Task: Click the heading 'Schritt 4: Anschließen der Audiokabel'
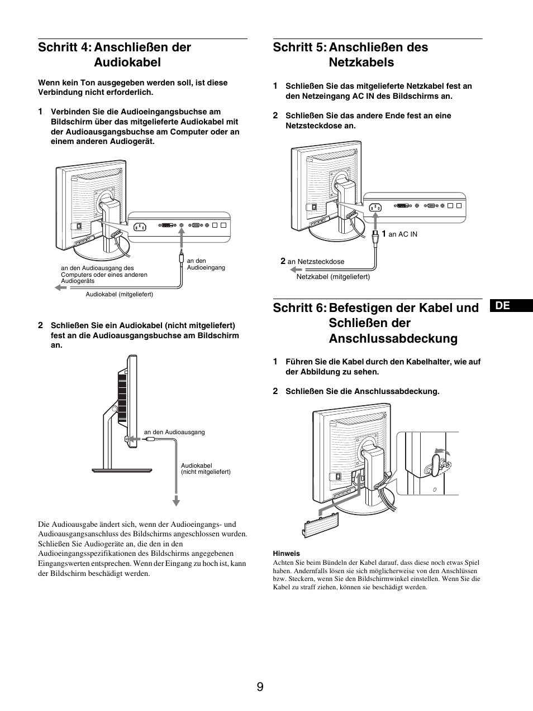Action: click(x=115, y=55)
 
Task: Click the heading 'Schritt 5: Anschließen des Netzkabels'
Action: click(x=350, y=55)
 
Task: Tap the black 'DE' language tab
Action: click(x=513, y=305)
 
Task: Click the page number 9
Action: click(x=260, y=686)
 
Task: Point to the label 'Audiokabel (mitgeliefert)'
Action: click(x=119, y=294)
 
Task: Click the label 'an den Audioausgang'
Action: click(x=174, y=432)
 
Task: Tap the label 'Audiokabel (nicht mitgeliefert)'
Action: click(x=205, y=469)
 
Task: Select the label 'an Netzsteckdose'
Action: click(x=316, y=261)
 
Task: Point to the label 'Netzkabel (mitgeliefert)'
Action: click(x=333, y=276)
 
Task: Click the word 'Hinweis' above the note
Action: click(x=286, y=554)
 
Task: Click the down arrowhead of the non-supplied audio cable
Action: click(x=176, y=501)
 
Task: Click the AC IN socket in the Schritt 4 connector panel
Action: click(x=139, y=227)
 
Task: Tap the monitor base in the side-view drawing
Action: click(x=122, y=470)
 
